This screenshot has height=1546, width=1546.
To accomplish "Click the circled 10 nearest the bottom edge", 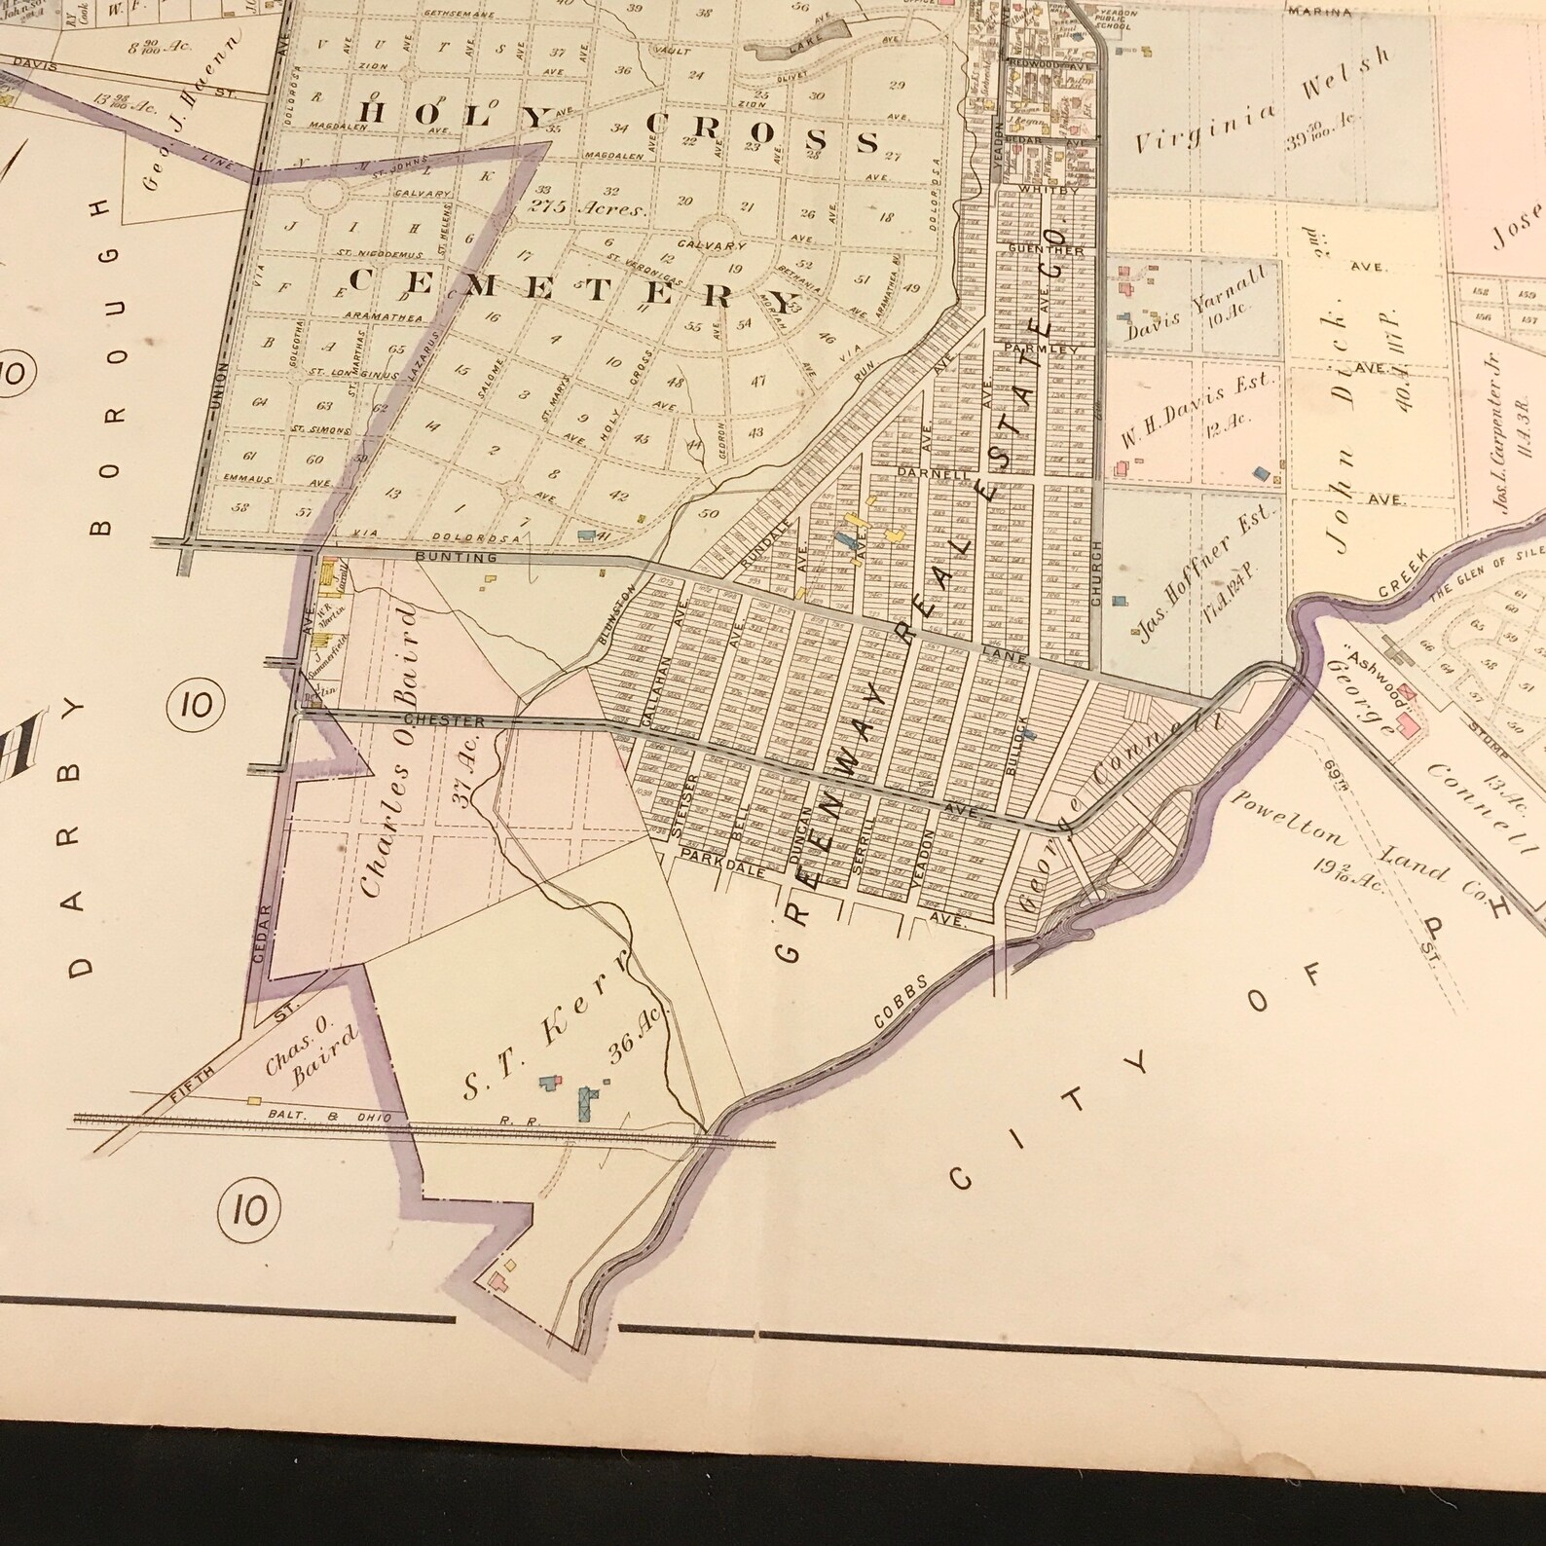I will [249, 1210].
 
